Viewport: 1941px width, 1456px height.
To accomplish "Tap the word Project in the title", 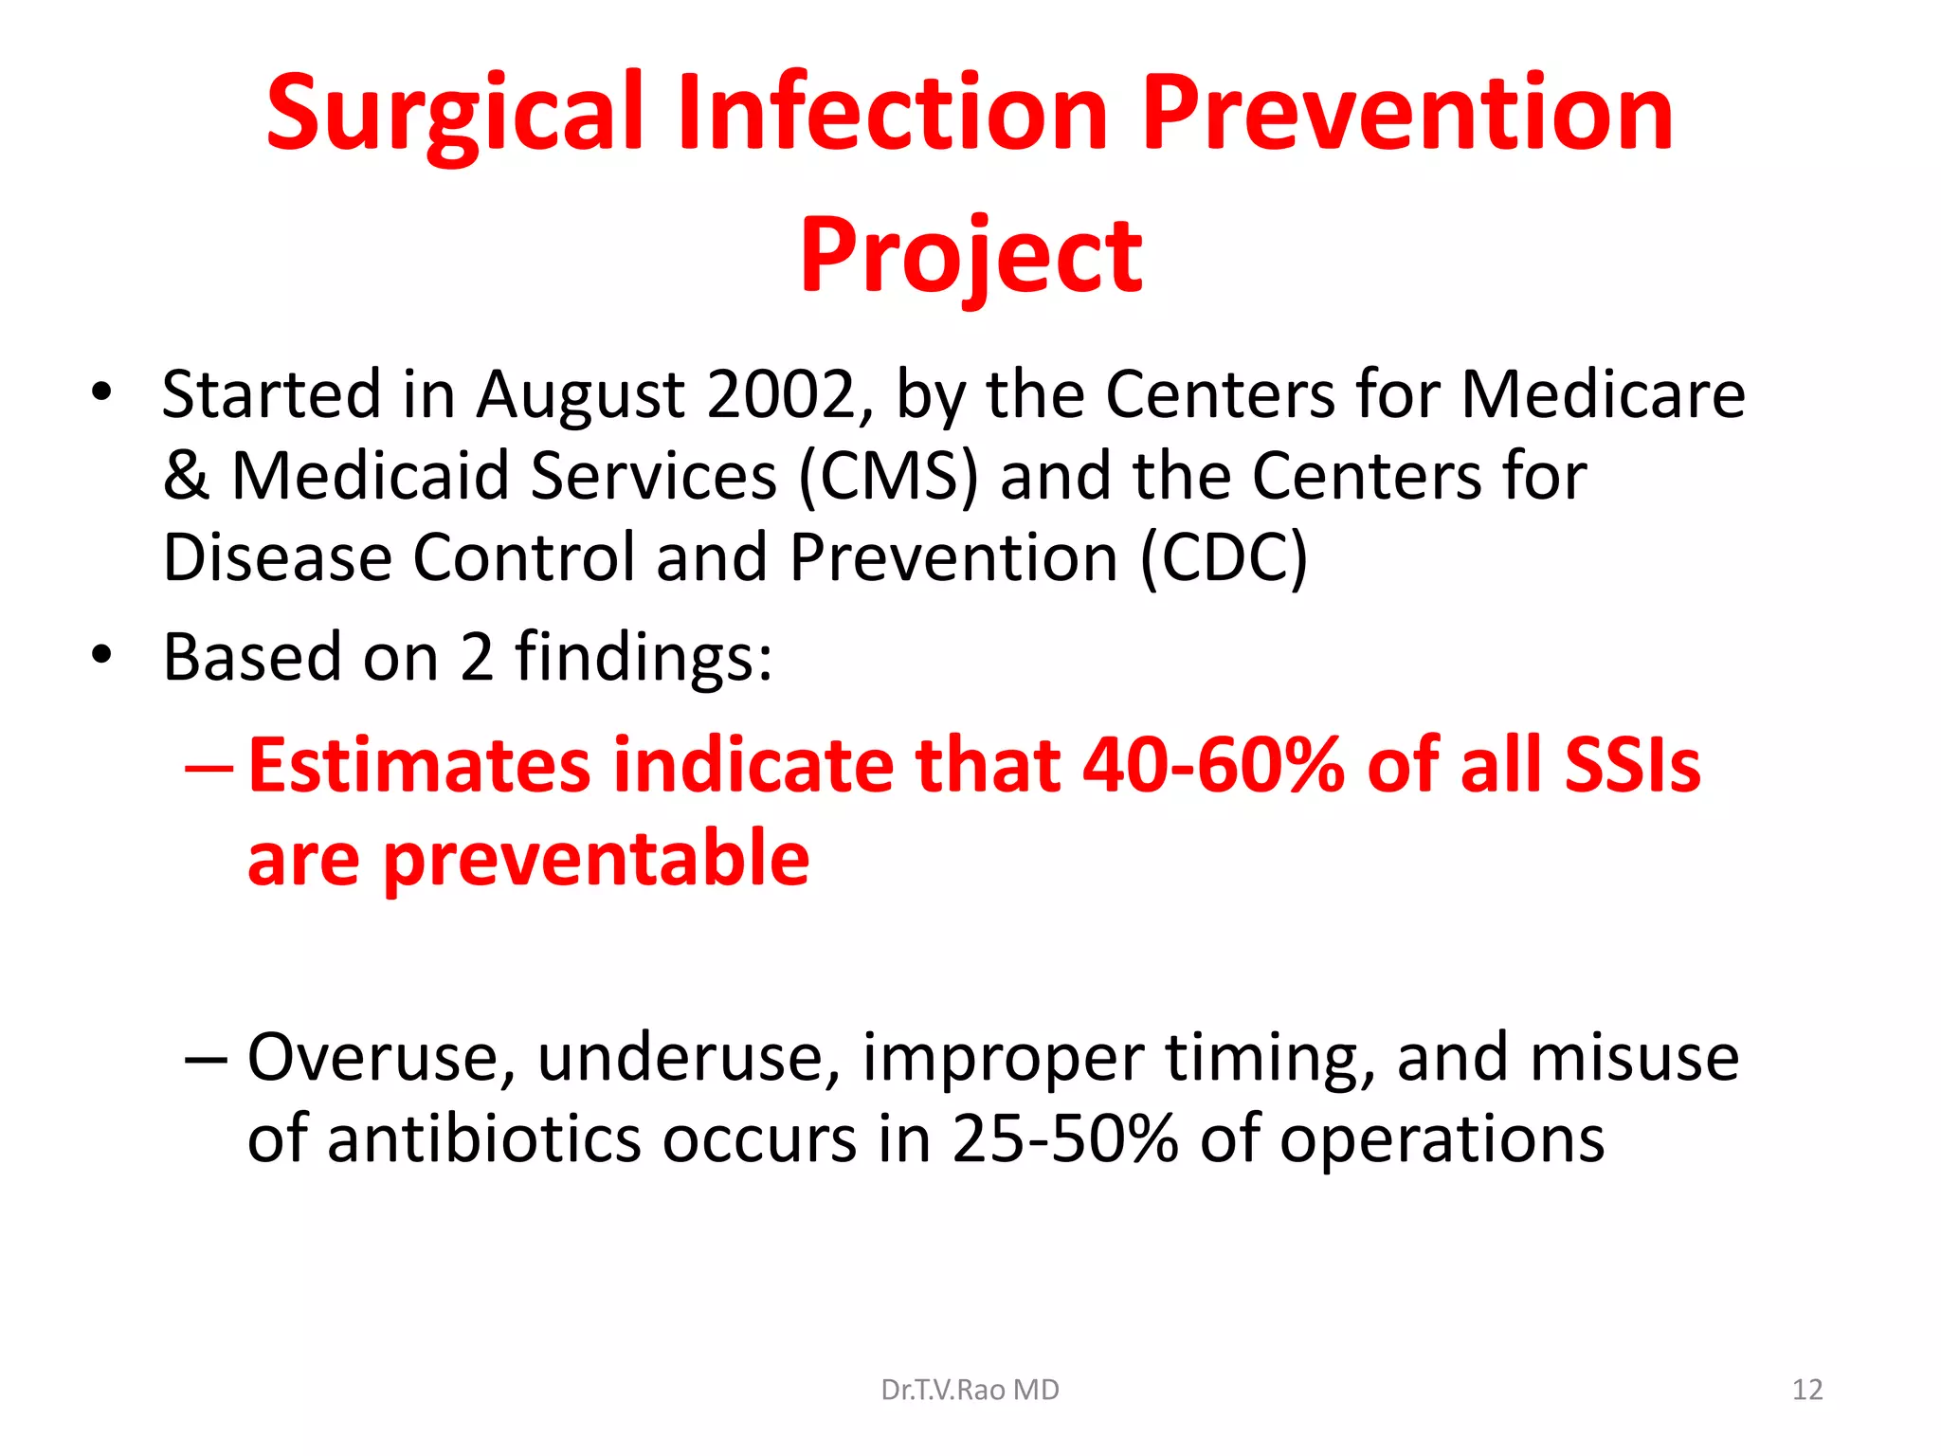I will (x=970, y=256).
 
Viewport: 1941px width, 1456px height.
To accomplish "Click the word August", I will (x=580, y=395).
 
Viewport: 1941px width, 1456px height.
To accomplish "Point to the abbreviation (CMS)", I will (x=887, y=476).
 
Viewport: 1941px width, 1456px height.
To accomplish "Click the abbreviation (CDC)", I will (x=1223, y=557).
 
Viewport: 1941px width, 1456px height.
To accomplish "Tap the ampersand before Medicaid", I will (x=186, y=476).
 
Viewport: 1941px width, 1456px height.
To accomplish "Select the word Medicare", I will (x=1602, y=393).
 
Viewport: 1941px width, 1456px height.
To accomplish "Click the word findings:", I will (x=643, y=657).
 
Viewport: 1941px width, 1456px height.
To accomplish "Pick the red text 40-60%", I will (x=1213, y=766).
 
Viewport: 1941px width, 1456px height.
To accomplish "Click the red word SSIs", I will (x=1632, y=766).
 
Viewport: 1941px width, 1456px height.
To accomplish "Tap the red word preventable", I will (x=597, y=859).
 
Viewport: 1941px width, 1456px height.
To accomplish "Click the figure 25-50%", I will (x=1065, y=1138).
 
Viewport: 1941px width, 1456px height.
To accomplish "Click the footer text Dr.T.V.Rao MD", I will (x=970, y=1390).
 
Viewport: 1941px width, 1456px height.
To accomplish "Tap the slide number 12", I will (x=1806, y=1390).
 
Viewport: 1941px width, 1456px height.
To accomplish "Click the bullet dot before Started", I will (x=102, y=391).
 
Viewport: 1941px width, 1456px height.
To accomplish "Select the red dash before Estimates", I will (x=208, y=766).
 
